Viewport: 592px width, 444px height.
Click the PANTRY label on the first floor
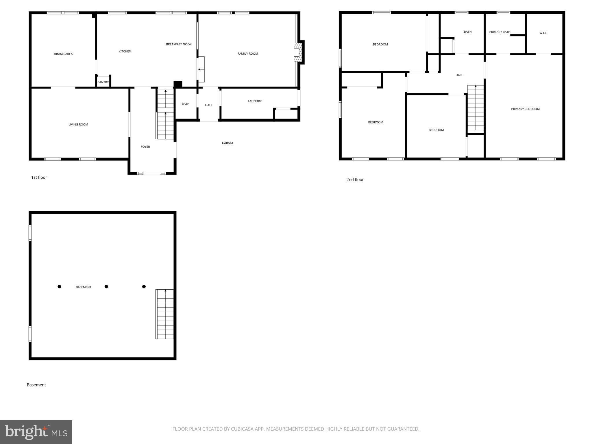pos(103,82)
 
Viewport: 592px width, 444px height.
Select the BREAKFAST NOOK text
pos(179,44)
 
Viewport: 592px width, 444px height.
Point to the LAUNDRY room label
pos(254,101)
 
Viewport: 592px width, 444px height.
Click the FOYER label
pos(145,147)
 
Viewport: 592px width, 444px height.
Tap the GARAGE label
pos(227,143)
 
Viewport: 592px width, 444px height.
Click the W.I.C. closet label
pos(543,33)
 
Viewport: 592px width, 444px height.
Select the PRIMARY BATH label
pos(499,32)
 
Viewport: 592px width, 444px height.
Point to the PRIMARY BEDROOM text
pos(525,109)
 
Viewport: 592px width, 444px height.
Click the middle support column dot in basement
pos(106,286)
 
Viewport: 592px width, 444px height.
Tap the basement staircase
pos(164,314)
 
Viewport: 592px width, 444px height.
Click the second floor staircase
pos(475,108)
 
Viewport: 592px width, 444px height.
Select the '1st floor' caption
pos(39,177)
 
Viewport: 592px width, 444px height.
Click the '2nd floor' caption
pos(355,180)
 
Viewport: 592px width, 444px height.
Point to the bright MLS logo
pos(36,432)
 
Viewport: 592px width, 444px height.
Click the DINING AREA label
pos(63,54)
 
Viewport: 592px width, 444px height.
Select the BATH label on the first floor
pos(185,104)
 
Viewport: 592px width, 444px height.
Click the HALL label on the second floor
pos(459,75)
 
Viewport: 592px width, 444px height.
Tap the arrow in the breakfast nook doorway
pos(200,69)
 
